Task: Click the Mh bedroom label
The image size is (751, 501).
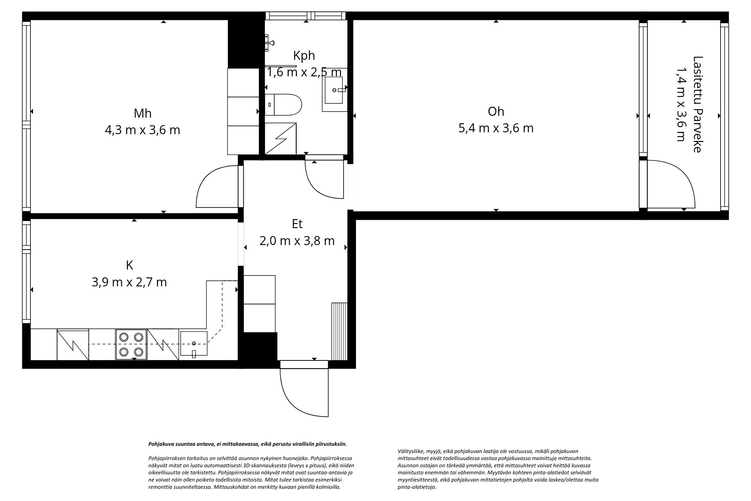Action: click(x=142, y=113)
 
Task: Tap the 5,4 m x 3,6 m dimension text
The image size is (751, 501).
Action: click(x=496, y=128)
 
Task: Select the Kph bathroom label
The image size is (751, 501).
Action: click(x=304, y=56)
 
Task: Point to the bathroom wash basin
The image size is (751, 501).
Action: click(x=334, y=90)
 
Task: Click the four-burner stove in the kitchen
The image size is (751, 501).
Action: click(x=131, y=344)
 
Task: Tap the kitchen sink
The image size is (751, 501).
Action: click(x=193, y=344)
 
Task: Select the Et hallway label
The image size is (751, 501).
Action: click(x=297, y=224)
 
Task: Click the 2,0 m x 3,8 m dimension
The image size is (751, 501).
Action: click(x=297, y=241)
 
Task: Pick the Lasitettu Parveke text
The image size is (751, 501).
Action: click(x=697, y=104)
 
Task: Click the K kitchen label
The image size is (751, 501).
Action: click(x=129, y=265)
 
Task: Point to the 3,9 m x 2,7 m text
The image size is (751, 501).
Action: click(x=129, y=282)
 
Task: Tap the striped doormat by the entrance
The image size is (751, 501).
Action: click(x=339, y=331)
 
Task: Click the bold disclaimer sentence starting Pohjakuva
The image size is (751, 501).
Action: click(x=247, y=444)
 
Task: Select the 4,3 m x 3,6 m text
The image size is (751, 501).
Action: click(x=142, y=130)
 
